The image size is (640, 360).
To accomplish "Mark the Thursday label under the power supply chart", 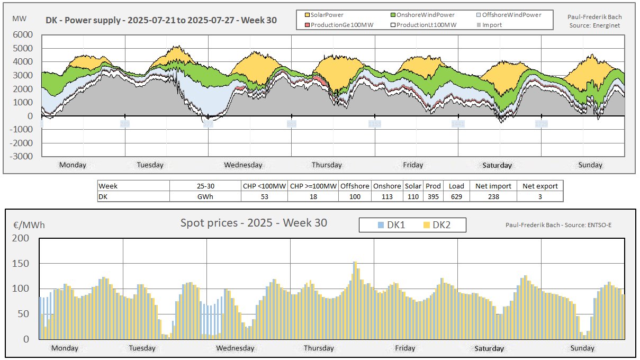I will click(x=327, y=165).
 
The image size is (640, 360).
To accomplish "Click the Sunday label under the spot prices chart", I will click(x=582, y=348).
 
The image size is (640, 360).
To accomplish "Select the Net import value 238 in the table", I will click(x=493, y=196).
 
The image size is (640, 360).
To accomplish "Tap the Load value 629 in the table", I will click(x=456, y=196).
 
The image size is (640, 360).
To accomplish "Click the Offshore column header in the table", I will click(x=355, y=186).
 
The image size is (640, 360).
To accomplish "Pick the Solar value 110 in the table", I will click(x=413, y=196).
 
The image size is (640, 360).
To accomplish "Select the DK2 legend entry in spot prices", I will click(x=436, y=225).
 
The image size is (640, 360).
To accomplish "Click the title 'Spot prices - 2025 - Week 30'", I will click(x=254, y=223).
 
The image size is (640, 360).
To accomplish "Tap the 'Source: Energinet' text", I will click(x=594, y=25).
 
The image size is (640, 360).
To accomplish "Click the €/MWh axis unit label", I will click(x=29, y=225).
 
